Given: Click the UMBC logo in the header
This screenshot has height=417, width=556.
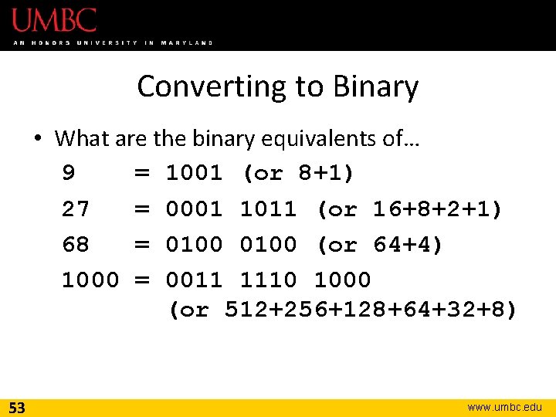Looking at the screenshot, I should coord(53,19).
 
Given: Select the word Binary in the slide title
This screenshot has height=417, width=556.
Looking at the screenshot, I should coord(376,86).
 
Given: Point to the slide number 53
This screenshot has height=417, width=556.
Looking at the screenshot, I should coord(17,408).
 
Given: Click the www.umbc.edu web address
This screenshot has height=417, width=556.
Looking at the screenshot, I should coord(505,407).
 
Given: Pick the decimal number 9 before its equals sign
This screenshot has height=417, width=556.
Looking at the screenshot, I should coord(69,174).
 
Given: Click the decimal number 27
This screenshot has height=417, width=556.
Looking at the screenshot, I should coord(76,209).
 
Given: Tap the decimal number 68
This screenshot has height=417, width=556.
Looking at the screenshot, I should coord(76,245).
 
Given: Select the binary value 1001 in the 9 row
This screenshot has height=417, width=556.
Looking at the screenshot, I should coord(194,174).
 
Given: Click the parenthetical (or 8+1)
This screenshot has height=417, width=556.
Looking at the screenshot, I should coord(299,174).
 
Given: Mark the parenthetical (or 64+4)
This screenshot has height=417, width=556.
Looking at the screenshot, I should coord(380,245).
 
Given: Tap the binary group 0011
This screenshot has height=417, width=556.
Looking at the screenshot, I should coord(194,280).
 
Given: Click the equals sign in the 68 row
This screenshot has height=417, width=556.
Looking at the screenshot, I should coord(142,245).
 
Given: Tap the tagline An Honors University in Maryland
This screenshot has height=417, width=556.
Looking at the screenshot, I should coord(113,42).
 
